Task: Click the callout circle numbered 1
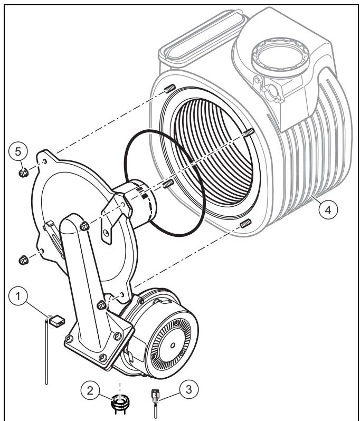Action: click(x=18, y=296)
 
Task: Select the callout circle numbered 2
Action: click(x=90, y=390)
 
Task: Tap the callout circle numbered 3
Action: click(x=189, y=389)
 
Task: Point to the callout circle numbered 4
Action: click(x=328, y=209)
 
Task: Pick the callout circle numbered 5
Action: click(x=18, y=151)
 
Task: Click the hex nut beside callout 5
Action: click(x=24, y=173)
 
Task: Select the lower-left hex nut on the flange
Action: click(x=24, y=260)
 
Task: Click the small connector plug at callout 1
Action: click(x=57, y=321)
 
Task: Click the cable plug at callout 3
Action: click(x=155, y=395)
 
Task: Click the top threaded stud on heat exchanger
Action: click(x=170, y=88)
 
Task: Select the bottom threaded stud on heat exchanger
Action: click(x=245, y=223)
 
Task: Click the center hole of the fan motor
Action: click(x=173, y=345)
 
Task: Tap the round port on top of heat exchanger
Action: click(x=280, y=57)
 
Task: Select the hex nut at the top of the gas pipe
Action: click(x=84, y=226)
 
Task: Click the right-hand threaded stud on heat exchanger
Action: click(x=249, y=132)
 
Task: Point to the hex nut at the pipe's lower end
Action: click(x=101, y=305)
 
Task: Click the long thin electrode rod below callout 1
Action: click(x=46, y=351)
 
